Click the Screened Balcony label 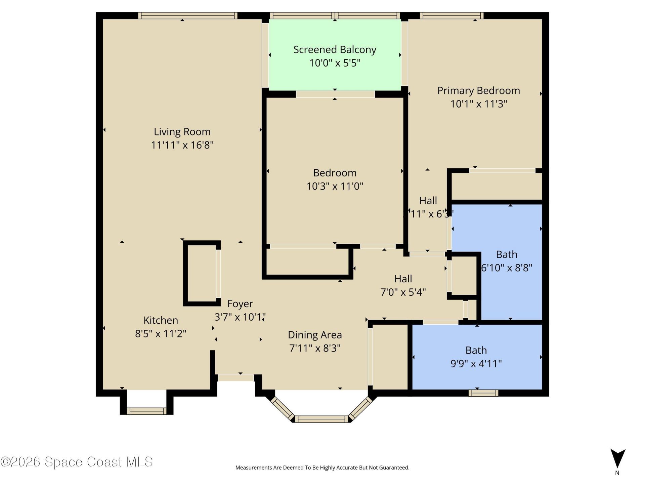tap(335, 50)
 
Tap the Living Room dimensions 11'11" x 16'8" tap(182, 145)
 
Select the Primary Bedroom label tap(478, 91)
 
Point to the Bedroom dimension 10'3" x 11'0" tap(335, 186)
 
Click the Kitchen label tap(161, 320)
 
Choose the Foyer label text tap(240, 304)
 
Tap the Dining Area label tap(315, 335)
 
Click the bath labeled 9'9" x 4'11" tap(476, 357)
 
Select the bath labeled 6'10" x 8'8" tap(507, 261)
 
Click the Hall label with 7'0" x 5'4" tap(403, 285)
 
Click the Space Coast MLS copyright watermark tap(77, 462)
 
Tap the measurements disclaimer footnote tap(322, 468)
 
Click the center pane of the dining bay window tap(321, 419)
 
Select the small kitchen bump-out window tap(146, 411)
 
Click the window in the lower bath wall tap(483, 393)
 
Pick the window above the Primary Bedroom tap(451, 15)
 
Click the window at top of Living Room tap(187, 15)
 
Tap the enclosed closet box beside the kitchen tap(202, 274)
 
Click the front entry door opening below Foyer tap(235, 378)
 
